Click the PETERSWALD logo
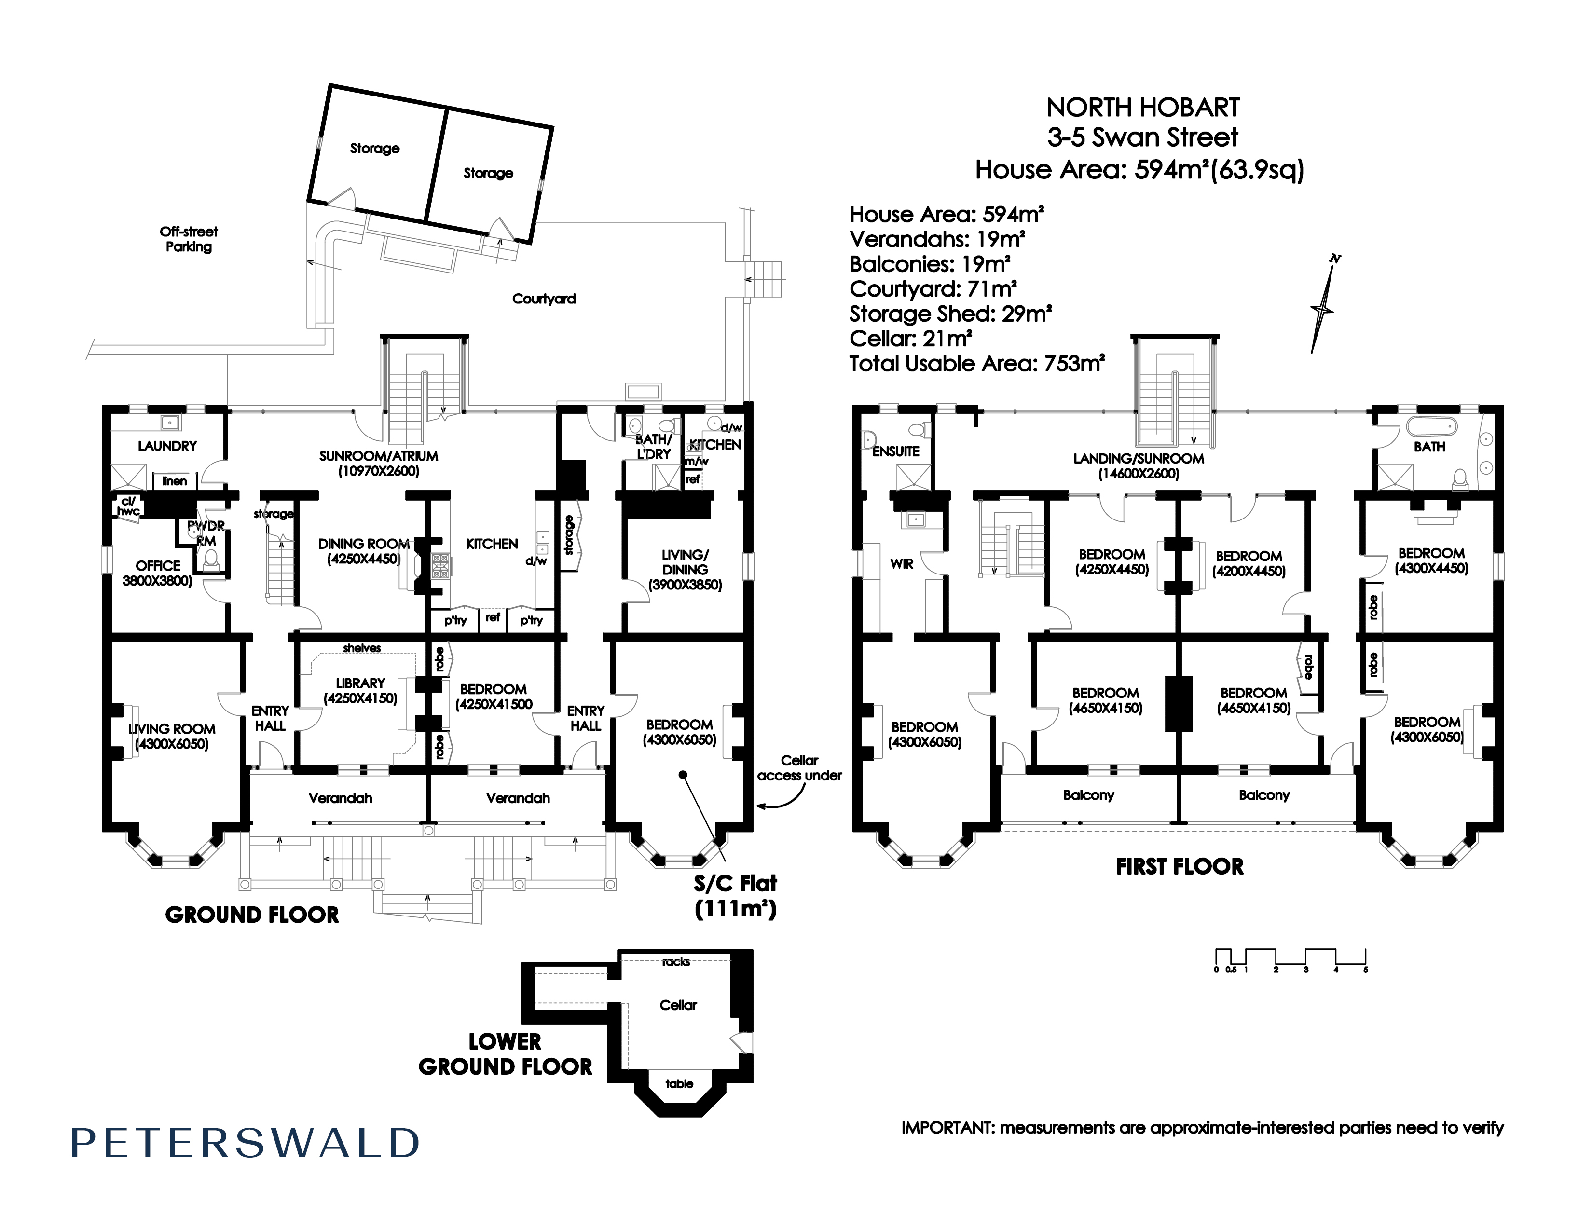[245, 1143]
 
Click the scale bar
[1290, 960]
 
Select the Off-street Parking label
[189, 239]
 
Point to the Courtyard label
[544, 299]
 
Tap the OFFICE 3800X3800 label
[157, 573]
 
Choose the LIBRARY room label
[360, 691]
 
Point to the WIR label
[902, 564]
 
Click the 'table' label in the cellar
[679, 1083]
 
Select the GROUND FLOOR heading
[252, 915]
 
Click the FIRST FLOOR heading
[1180, 866]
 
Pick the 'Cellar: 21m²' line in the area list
[910, 339]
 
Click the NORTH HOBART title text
[1143, 108]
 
